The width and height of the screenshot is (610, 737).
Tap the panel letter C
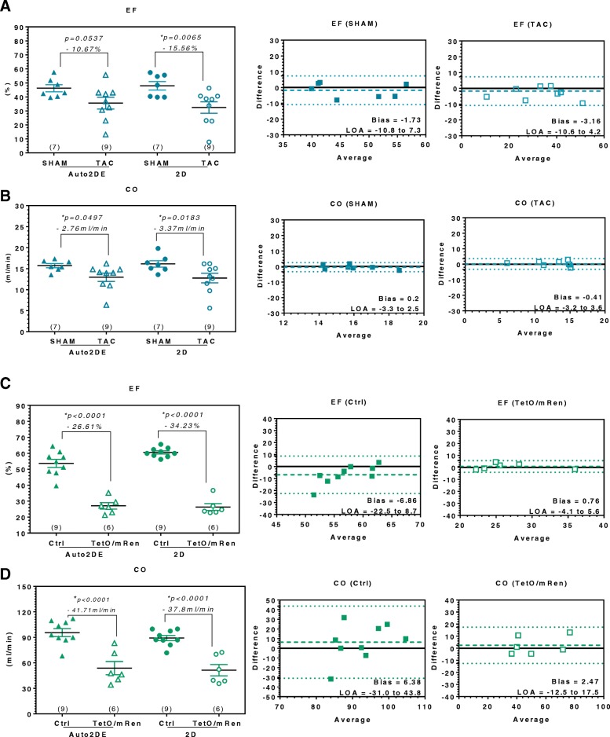point(5,358)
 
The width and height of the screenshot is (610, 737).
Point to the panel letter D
point(5,538)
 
